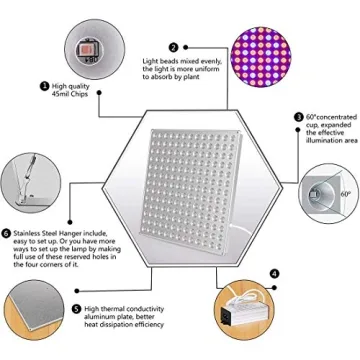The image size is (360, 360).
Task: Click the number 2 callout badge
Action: pyautogui.click(x=173, y=47)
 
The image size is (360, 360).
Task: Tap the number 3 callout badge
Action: pyautogui.click(x=298, y=117)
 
